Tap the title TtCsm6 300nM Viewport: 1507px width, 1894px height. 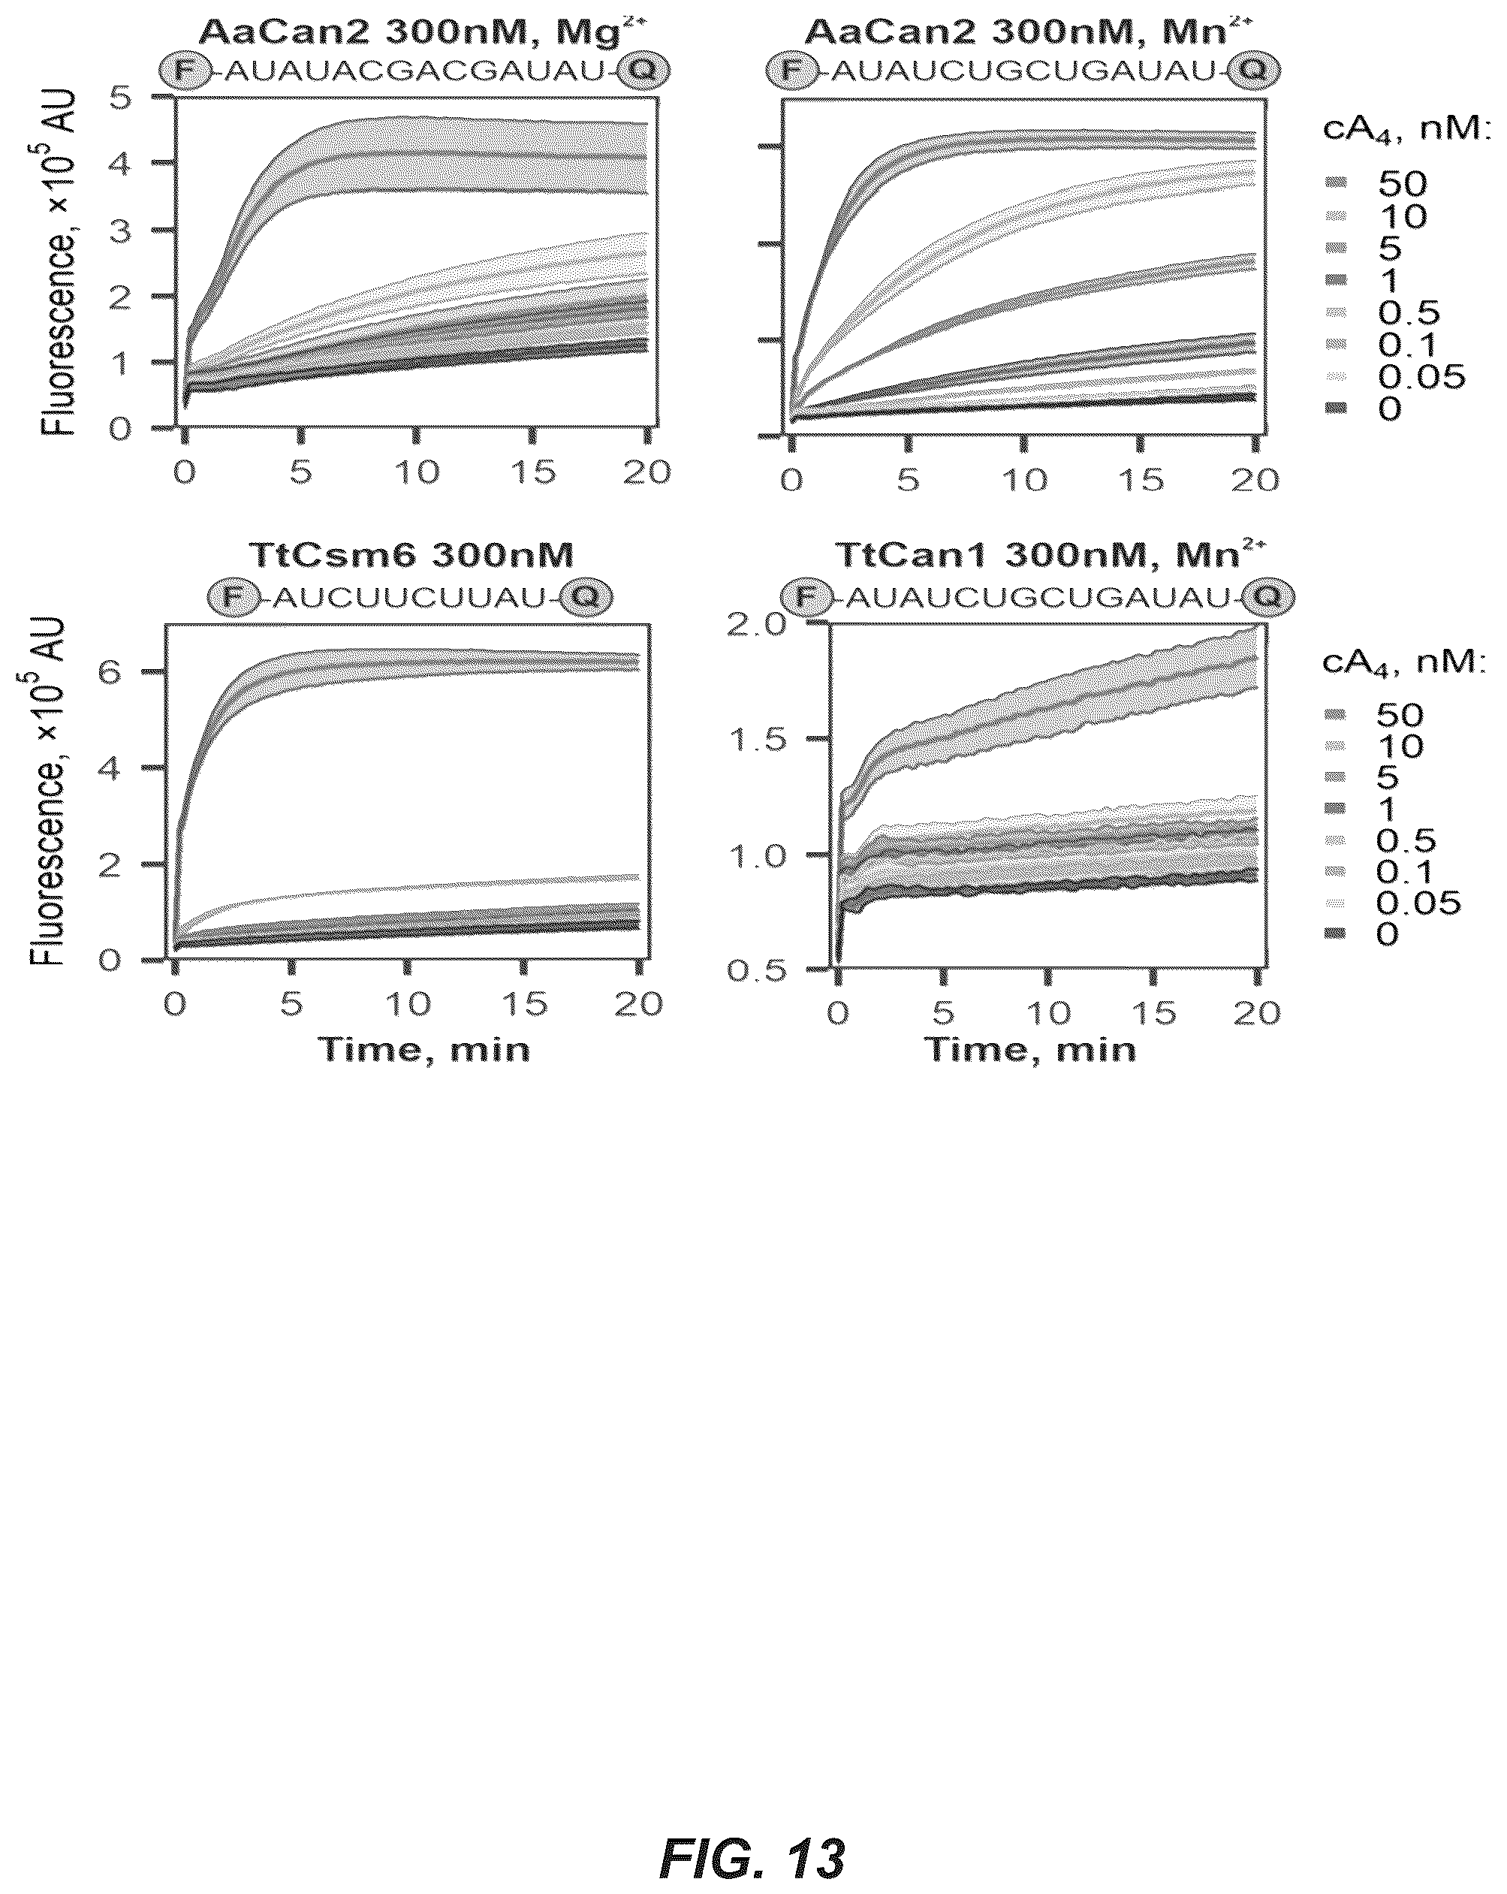click(411, 556)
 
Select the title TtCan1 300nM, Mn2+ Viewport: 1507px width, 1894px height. click(1050, 555)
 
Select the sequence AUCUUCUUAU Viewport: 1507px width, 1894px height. click(410, 599)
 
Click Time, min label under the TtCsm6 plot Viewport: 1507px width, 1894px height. click(423, 1050)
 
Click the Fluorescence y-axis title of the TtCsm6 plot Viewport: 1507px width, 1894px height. click(49, 791)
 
